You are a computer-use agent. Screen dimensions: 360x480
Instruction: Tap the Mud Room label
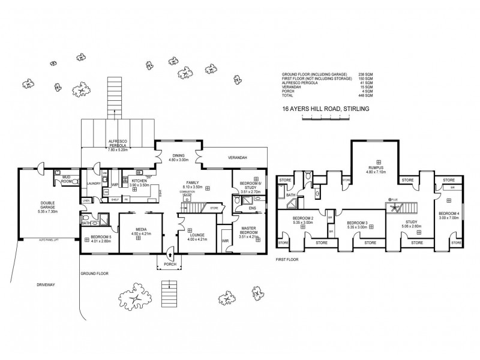pyautogui.click(x=67, y=179)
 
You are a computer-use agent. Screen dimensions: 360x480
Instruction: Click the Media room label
pyautogui.click(x=138, y=230)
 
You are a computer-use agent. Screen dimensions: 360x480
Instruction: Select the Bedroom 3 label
pyautogui.click(x=358, y=223)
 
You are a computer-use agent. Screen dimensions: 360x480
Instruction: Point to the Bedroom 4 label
pyautogui.click(x=448, y=215)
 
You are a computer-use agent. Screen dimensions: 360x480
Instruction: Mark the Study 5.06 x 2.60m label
pyautogui.click(x=412, y=224)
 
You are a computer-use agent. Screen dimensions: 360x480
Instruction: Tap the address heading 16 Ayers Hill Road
pyautogui.click(x=325, y=109)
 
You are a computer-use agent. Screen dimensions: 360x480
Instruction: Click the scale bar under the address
pyautogui.click(x=325, y=119)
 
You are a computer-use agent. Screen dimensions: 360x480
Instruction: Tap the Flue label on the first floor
pyautogui.click(x=394, y=199)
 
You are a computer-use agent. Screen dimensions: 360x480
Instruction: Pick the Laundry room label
pyautogui.click(x=94, y=184)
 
